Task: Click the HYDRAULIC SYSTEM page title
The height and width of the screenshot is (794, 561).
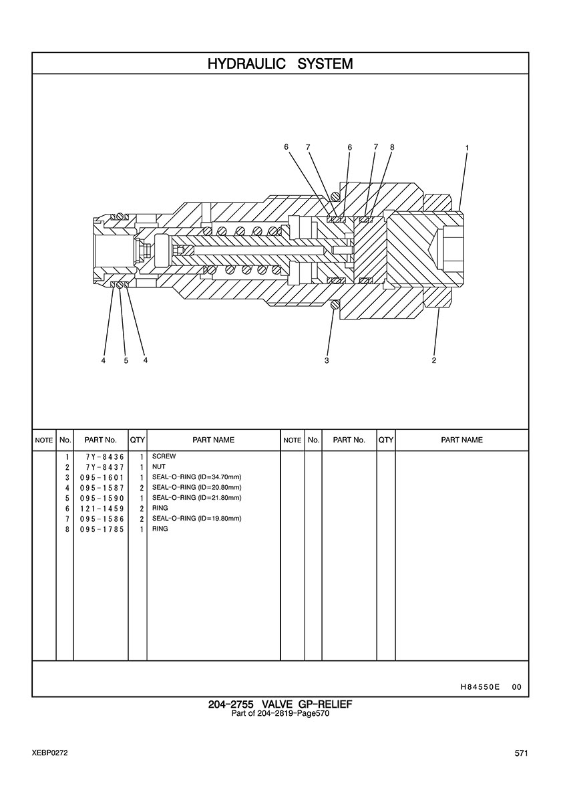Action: pyautogui.click(x=280, y=63)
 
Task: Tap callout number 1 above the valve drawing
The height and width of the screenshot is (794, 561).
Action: pyautogui.click(x=467, y=148)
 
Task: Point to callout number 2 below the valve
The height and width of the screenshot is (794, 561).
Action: pyautogui.click(x=434, y=360)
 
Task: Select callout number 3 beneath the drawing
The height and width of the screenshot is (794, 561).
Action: pyautogui.click(x=327, y=360)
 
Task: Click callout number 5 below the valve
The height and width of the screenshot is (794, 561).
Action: pyautogui.click(x=126, y=361)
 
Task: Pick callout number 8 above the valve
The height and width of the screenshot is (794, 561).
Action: pyautogui.click(x=392, y=147)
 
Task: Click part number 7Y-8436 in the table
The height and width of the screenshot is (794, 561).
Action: pyautogui.click(x=105, y=456)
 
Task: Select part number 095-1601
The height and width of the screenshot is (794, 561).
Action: pyautogui.click(x=102, y=477)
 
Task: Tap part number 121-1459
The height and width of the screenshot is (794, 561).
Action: pyautogui.click(x=102, y=509)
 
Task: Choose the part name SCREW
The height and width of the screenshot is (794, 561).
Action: pyautogui.click(x=164, y=456)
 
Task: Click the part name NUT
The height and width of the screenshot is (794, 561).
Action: pyautogui.click(x=159, y=467)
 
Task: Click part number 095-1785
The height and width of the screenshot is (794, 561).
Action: pyautogui.click(x=102, y=529)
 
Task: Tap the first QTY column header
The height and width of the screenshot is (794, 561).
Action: pyautogui.click(x=138, y=440)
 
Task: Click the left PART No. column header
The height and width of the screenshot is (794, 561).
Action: pyautogui.click(x=101, y=440)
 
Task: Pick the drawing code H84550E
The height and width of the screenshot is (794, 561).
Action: pyautogui.click(x=480, y=687)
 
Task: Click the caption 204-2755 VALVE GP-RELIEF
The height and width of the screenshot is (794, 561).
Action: pyautogui.click(x=280, y=704)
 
